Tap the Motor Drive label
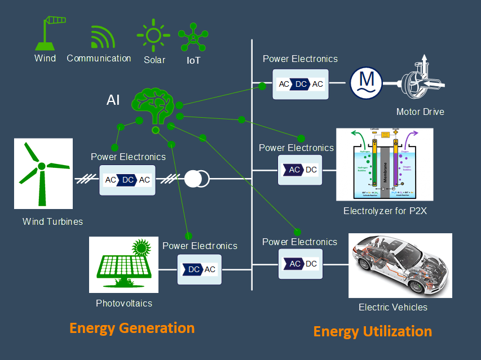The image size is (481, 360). [x=420, y=112]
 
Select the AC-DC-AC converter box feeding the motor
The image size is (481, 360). [x=301, y=84]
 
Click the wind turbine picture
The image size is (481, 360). [x=43, y=174]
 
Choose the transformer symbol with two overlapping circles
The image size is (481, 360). [x=197, y=179]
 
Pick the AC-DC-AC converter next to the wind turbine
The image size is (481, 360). [x=127, y=180]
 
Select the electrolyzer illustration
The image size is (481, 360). [x=385, y=165]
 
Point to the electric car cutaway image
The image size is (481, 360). [x=400, y=265]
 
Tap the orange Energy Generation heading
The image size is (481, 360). [x=132, y=328]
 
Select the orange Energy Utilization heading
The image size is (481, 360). [x=373, y=331]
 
